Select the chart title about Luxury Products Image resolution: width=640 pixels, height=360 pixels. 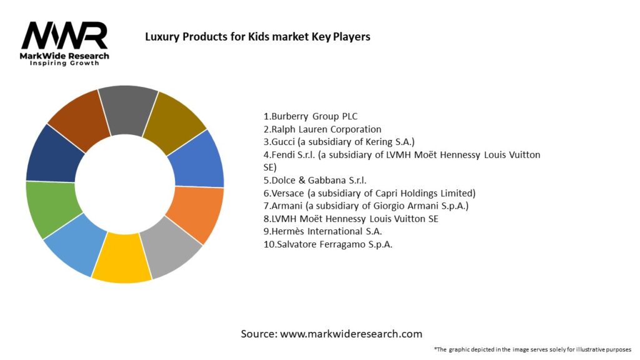pos(257,37)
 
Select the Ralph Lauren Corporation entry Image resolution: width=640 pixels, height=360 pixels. pos(322,129)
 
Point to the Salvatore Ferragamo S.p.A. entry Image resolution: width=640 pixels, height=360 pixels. pos(327,244)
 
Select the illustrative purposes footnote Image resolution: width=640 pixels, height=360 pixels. pos(532,349)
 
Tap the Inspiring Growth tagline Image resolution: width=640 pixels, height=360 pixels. pos(64,64)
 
